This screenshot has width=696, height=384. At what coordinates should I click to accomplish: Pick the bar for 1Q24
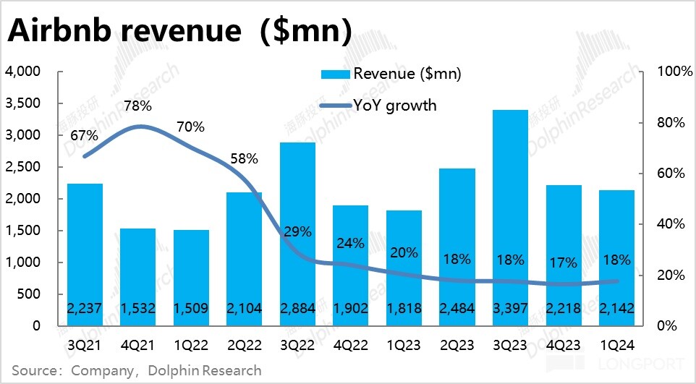(x=616, y=246)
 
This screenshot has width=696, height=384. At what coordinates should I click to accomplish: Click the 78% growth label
(x=137, y=106)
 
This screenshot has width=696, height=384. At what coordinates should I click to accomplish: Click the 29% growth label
(x=297, y=232)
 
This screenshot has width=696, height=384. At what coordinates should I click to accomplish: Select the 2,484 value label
(x=457, y=309)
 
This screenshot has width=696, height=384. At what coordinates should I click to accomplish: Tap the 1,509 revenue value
(x=191, y=309)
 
